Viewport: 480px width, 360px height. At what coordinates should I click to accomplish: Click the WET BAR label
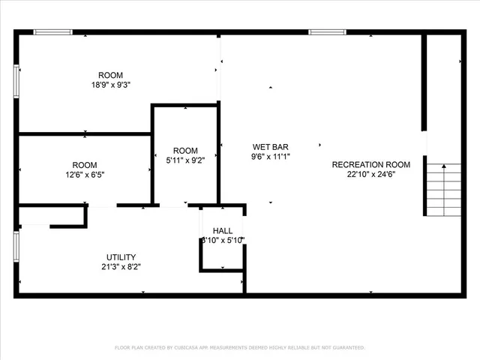(x=271, y=147)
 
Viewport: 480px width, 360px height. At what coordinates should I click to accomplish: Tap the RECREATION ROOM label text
(x=371, y=165)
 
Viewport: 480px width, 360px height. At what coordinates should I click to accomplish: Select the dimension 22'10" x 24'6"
(x=371, y=175)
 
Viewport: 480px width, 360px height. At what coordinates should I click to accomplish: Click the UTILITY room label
(x=121, y=257)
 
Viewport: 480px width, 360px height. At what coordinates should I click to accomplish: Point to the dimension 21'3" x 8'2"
(x=121, y=266)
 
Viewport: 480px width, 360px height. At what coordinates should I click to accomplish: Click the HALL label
(x=223, y=231)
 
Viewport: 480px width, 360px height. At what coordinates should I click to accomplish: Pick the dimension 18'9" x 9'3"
(x=111, y=85)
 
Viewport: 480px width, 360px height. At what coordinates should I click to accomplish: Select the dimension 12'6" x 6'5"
(x=85, y=175)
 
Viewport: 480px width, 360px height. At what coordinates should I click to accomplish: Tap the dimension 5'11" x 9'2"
(x=185, y=160)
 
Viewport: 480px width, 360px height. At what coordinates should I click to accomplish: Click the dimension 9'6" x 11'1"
(x=271, y=157)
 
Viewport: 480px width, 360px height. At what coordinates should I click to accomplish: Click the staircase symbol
(x=443, y=190)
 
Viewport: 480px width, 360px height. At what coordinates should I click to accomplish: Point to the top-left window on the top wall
(x=53, y=31)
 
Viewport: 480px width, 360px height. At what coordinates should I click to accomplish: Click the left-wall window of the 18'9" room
(x=16, y=80)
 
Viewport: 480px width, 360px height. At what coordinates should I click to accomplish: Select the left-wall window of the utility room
(x=16, y=245)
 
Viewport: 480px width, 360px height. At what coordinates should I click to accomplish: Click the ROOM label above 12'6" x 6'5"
(x=85, y=165)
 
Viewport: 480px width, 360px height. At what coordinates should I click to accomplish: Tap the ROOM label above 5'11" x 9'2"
(x=185, y=150)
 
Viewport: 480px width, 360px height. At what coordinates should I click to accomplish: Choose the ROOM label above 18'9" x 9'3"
(x=111, y=75)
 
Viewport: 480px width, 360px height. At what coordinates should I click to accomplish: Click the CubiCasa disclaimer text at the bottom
(x=240, y=348)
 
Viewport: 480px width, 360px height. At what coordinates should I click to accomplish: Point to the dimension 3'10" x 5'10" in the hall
(x=223, y=240)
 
